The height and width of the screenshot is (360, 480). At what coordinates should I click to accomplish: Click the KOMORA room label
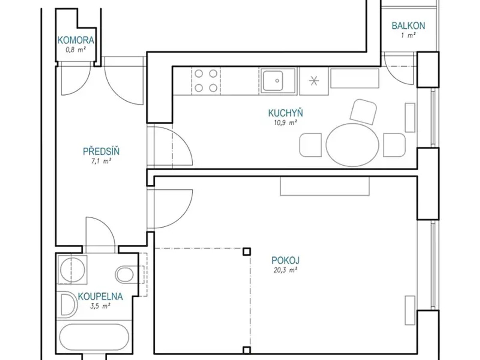[76, 40]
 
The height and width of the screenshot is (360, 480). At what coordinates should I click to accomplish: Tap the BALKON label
[408, 26]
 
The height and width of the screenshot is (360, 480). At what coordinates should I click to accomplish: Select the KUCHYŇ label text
[285, 113]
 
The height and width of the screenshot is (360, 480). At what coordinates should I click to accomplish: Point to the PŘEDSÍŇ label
[101, 152]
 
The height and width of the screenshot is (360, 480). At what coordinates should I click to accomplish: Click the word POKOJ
[285, 260]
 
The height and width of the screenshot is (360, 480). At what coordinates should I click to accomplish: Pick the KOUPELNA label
[100, 297]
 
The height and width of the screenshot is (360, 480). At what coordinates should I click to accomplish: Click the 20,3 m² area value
[285, 270]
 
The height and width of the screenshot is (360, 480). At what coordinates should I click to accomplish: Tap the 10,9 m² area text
[285, 123]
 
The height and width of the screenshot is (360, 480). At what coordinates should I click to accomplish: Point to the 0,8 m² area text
[76, 50]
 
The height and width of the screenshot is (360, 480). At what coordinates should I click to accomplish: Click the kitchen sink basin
[273, 81]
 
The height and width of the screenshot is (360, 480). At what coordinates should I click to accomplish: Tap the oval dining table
[352, 145]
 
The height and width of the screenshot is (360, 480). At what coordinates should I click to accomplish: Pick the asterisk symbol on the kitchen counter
[314, 81]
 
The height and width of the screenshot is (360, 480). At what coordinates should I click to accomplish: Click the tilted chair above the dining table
[363, 112]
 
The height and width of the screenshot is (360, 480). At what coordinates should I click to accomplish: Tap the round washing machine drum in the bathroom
[72, 270]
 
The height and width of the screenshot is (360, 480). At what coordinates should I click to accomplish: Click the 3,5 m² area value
[100, 306]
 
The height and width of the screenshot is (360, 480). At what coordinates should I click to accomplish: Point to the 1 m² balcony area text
[408, 36]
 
